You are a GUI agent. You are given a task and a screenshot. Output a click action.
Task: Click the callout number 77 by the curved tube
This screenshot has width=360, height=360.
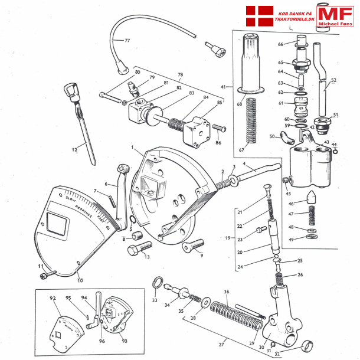126,41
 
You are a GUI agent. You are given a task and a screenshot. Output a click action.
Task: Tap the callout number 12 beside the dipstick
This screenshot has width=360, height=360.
75,150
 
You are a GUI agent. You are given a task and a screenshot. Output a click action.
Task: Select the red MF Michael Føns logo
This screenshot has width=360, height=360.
335,16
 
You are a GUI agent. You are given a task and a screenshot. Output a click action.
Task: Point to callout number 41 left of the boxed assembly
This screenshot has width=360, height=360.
224,87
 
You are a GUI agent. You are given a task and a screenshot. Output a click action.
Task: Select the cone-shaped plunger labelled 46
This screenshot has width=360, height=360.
313,197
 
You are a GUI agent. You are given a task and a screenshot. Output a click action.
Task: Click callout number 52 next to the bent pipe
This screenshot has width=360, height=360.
333,80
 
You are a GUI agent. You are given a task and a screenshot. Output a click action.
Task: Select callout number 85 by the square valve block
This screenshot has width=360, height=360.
220,103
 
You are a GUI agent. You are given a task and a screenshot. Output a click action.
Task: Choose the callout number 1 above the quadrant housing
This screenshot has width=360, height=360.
133,146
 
